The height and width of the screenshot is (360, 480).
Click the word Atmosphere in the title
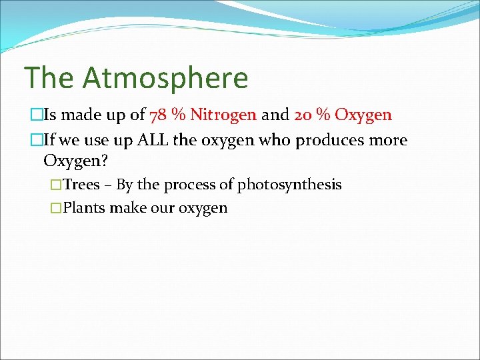tap(165, 78)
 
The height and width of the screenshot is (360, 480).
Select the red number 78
tap(159, 115)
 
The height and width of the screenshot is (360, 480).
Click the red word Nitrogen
tap(223, 115)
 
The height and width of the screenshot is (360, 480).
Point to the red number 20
tap(302, 115)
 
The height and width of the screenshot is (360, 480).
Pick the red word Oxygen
tap(363, 115)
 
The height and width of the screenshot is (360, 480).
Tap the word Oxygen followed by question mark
tap(74, 161)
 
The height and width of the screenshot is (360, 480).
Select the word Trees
tap(81, 185)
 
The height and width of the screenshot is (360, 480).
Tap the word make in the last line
tap(127, 208)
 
